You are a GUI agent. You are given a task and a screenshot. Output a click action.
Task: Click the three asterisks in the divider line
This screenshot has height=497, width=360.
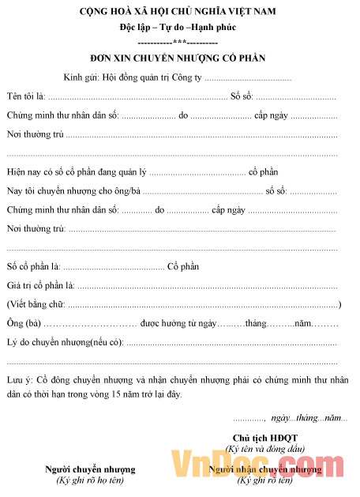[178, 42]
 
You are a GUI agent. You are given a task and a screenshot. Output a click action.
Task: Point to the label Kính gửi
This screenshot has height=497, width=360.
[82, 78]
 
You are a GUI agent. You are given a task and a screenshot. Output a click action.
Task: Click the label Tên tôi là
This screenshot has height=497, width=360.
[26, 96]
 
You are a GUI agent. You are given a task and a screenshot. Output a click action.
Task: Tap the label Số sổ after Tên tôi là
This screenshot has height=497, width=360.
[242, 96]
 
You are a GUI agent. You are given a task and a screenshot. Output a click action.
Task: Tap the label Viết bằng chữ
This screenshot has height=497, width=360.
[36, 304]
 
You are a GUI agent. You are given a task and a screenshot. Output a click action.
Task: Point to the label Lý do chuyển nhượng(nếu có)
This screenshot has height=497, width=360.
[66, 343]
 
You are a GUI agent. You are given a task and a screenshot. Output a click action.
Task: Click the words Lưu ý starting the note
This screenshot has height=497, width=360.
[19, 379]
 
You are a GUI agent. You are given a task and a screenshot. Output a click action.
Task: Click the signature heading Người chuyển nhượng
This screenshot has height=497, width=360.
[90, 469]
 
